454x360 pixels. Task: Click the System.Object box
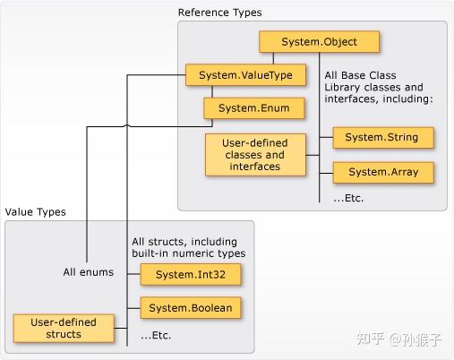[320, 41]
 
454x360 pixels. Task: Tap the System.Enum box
[253, 108]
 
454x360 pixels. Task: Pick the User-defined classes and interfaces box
[248, 154]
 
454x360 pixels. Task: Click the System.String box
[382, 137]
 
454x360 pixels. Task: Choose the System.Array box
[382, 171]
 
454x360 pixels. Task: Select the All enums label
[88, 272]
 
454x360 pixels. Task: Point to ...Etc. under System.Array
[350, 197]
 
